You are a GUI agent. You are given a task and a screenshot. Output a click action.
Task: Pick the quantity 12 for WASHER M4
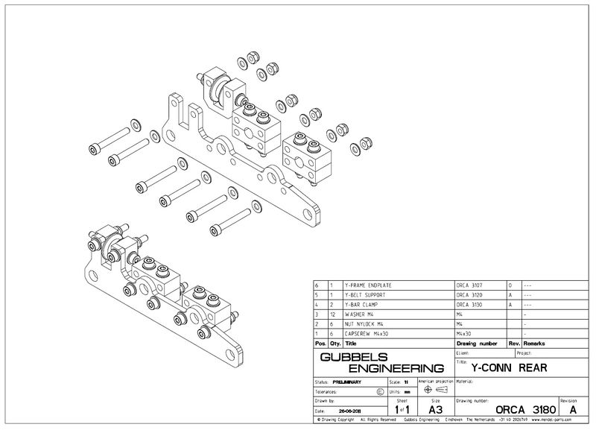pos(332,314)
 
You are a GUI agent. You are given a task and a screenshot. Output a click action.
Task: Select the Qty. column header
pos(332,344)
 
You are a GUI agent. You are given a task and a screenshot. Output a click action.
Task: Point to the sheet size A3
pos(436,409)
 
